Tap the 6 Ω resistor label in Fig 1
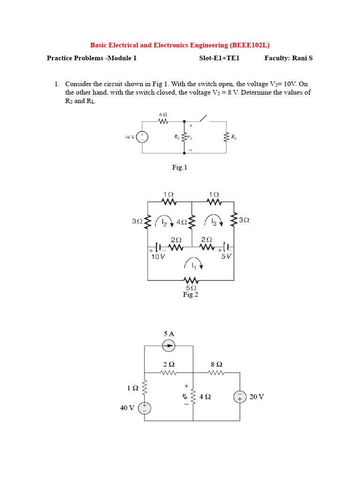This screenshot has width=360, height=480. coord(164,114)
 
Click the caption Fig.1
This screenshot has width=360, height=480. coord(180,167)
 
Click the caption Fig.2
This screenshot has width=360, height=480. coord(191,295)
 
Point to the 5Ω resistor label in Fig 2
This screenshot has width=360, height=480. coord(191,288)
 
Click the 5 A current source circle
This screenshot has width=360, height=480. coord(169,346)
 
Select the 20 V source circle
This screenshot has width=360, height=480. coord(240,397)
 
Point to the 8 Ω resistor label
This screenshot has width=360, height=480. coord(217,364)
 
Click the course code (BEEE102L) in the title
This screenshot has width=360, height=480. coord(250,45)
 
